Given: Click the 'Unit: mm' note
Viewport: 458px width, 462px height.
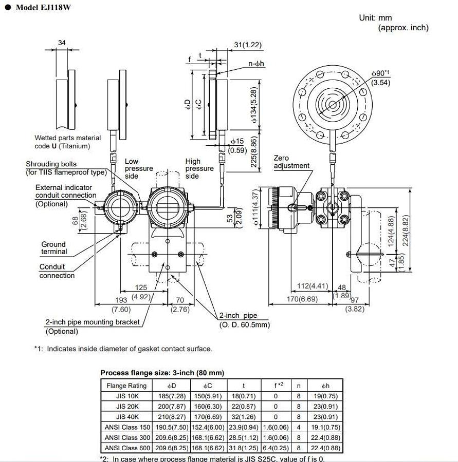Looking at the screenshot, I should (x=375, y=17).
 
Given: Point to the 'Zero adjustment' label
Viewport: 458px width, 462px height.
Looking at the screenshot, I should (x=291, y=162).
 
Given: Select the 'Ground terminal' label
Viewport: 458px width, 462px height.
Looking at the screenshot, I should (x=54, y=248).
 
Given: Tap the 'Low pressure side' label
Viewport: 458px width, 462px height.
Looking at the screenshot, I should (x=138, y=168).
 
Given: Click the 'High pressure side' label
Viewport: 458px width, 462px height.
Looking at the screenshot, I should (x=199, y=168).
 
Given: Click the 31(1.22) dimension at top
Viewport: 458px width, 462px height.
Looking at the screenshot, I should (x=248, y=45).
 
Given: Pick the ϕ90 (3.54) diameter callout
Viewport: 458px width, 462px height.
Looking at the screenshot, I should (x=381, y=78).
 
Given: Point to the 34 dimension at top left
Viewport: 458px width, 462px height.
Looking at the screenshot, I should (x=62, y=43).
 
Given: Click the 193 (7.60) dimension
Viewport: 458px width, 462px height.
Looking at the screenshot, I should (x=121, y=304).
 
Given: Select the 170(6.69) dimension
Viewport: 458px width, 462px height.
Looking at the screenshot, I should (x=302, y=299).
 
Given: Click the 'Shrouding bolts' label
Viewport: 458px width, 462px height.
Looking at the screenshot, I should (x=51, y=164).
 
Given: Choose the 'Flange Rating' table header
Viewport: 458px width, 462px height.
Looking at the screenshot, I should (x=126, y=386).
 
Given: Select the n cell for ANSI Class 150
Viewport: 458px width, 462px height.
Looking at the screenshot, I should (x=299, y=427).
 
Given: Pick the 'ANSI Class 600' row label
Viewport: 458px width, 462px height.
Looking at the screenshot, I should (x=127, y=448).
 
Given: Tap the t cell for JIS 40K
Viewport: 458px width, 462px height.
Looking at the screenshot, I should (x=244, y=417).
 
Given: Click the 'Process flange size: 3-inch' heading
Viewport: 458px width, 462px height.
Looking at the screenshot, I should (x=162, y=373).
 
